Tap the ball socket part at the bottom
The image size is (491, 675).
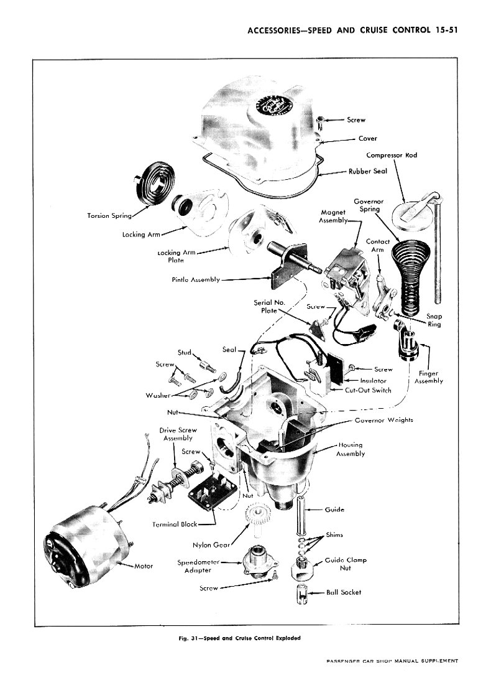click(x=303, y=595)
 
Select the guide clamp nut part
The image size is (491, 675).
click(x=303, y=567)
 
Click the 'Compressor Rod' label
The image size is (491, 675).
click(x=392, y=155)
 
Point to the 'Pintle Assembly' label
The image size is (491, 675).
click(x=196, y=279)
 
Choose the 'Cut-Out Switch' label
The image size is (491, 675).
click(x=368, y=390)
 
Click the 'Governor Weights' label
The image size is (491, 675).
click(x=384, y=420)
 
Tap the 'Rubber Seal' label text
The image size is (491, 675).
click(x=367, y=171)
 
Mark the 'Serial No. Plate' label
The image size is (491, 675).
click(x=269, y=306)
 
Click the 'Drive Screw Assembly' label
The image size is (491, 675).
click(x=178, y=434)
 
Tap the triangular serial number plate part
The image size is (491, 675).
click(x=318, y=329)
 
